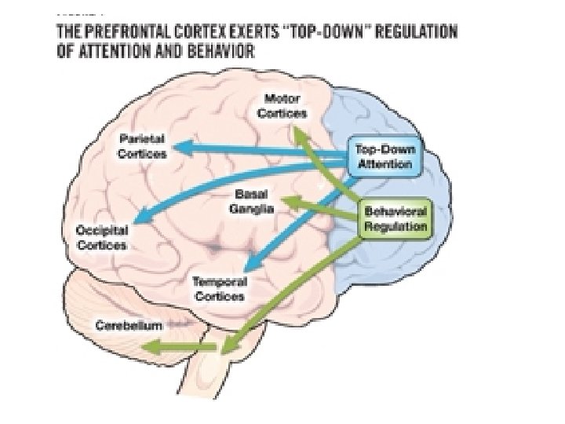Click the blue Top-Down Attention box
tap(385, 157)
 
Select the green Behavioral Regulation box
tap(395, 218)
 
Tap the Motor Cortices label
tap(283, 106)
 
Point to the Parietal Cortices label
tap(142, 147)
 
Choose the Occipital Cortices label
tap(103, 236)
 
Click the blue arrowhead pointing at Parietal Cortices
tap(183, 147)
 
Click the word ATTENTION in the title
tap(134, 53)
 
